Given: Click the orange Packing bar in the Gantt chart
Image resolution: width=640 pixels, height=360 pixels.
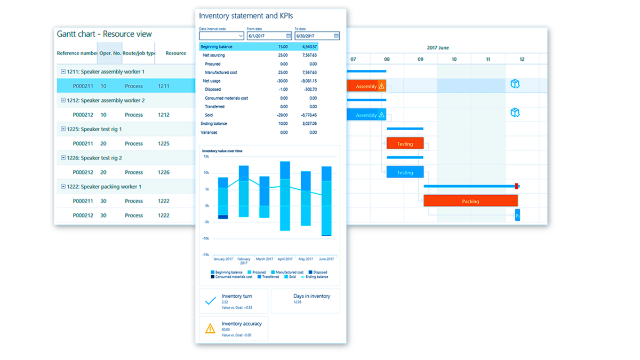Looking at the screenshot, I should (x=470, y=201).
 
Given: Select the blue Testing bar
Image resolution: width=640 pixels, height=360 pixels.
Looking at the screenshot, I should (x=405, y=172).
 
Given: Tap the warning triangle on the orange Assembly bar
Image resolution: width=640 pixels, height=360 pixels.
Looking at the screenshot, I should (x=381, y=86).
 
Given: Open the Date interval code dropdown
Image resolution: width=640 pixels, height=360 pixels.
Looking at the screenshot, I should (x=241, y=36).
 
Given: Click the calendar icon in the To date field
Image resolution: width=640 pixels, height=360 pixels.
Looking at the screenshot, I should (x=337, y=36).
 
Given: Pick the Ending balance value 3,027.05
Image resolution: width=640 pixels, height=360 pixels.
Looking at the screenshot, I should (x=309, y=124).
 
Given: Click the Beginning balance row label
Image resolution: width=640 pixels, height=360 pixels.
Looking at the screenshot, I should (x=217, y=47).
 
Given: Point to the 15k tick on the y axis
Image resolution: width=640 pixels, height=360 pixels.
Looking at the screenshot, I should (x=206, y=156).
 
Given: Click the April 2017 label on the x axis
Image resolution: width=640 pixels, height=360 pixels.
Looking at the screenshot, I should (x=285, y=259).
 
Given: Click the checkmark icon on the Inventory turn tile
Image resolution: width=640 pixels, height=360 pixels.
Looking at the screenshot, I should (x=211, y=301).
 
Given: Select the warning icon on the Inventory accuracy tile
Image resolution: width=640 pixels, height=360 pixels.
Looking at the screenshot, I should (x=211, y=328).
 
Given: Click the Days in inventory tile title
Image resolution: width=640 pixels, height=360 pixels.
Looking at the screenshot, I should (x=311, y=296).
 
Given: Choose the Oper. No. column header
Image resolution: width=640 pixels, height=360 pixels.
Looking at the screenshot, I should (x=110, y=53).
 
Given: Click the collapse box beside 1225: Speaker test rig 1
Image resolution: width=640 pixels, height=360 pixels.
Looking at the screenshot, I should (x=63, y=129).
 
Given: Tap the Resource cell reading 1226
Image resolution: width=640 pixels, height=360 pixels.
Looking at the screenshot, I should (x=164, y=172).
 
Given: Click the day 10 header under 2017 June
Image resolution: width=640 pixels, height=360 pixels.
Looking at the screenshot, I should (x=454, y=59).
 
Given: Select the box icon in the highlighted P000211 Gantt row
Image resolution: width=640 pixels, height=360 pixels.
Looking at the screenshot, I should (x=515, y=84).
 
